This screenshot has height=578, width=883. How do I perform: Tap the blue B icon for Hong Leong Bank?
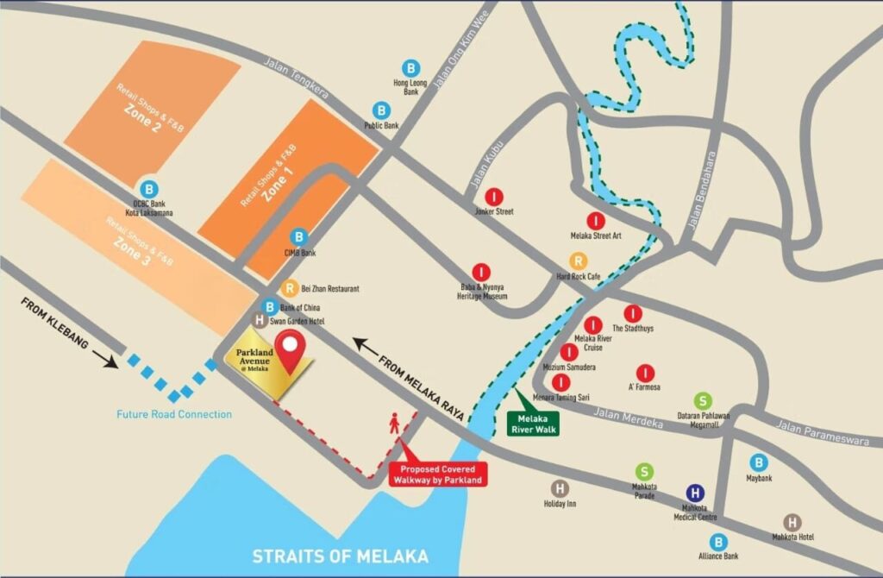(x=411, y=67)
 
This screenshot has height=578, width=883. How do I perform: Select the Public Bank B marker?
(x=381, y=110)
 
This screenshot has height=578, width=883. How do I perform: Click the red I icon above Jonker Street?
(x=493, y=196)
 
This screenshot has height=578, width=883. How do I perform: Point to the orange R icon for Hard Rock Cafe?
(x=578, y=261)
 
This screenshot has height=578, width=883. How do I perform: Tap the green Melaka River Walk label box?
(x=533, y=424)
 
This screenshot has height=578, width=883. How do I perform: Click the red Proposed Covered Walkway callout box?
(x=438, y=474)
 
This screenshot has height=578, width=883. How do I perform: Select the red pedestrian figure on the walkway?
(x=395, y=424)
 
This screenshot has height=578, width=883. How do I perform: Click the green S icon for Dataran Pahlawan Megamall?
(x=704, y=400)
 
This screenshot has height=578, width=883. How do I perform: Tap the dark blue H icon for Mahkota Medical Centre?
(x=695, y=493)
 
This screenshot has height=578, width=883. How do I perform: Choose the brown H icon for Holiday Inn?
(x=560, y=488)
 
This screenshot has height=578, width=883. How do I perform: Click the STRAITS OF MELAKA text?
(x=340, y=556)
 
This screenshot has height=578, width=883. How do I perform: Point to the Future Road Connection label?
(x=174, y=414)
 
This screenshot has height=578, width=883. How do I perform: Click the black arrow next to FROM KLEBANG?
(x=106, y=359)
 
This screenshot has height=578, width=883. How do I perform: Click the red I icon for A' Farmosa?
(x=645, y=373)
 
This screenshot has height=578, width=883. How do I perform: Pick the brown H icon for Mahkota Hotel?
(x=792, y=522)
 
